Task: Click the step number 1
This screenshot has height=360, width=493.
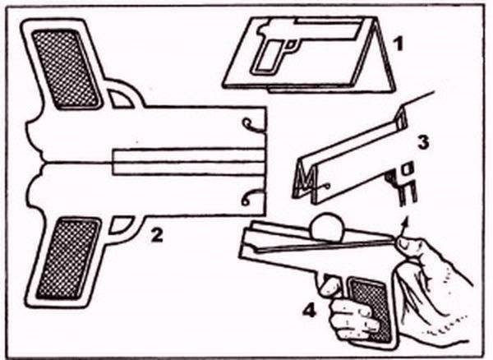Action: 398,44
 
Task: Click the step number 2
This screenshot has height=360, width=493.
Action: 157,235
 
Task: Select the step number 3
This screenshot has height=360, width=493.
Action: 422,142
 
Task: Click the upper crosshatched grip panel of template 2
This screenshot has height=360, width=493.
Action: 67,68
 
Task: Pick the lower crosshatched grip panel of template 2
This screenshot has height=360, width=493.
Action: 68,258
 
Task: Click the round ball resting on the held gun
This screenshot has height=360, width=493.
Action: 325,228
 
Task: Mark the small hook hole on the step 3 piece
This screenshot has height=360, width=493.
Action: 328,186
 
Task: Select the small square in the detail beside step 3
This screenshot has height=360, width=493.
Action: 407,168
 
